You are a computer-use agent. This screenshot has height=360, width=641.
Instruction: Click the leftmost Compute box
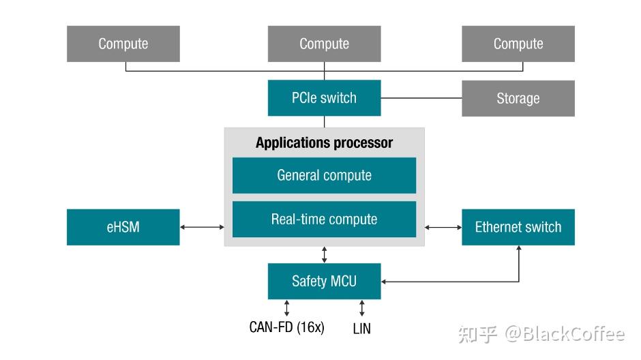point(123,44)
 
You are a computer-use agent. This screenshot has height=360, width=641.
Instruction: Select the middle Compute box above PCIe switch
point(324,44)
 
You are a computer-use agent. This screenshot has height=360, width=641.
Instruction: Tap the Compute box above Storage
point(518,44)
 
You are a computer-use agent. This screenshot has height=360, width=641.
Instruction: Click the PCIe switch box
point(324,98)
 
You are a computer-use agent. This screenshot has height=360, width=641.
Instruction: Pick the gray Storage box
point(518,98)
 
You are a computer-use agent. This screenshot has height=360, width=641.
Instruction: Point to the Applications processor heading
point(324,142)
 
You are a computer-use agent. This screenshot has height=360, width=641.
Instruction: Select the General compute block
point(324,175)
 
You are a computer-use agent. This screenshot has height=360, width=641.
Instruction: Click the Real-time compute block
point(324,219)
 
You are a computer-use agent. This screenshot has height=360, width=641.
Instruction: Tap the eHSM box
point(123,227)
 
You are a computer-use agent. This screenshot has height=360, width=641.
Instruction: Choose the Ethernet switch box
point(518,227)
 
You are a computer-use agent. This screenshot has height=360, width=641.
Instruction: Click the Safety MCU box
point(324,281)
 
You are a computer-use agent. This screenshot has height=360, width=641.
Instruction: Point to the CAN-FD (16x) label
point(286,327)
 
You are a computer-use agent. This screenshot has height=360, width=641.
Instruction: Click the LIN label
point(362,329)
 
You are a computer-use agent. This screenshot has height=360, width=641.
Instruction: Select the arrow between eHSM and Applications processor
point(202,227)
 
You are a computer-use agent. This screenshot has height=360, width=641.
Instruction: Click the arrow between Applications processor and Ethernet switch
point(443,227)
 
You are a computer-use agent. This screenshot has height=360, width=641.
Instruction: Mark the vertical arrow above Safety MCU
point(324,254)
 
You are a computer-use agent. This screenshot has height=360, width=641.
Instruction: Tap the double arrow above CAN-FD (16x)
point(286,308)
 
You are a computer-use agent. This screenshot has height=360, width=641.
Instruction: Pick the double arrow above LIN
point(362,308)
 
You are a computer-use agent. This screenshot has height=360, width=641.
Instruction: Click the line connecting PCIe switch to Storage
point(421,98)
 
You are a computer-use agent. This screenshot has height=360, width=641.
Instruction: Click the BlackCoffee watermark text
point(565,334)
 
